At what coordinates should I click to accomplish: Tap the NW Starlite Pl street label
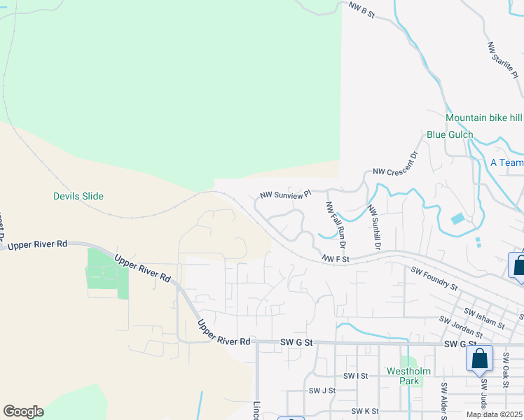pyautogui.click(x=502, y=61)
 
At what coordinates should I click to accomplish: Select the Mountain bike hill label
pyautogui.click(x=483, y=118)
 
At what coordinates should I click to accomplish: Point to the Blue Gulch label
pyautogui.click(x=450, y=134)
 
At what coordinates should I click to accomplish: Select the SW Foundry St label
pyautogui.click(x=434, y=278)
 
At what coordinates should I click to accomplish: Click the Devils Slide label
pyautogui.click(x=78, y=196)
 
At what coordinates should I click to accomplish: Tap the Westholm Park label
pyautogui.click(x=404, y=376)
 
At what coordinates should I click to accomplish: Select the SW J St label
pyautogui.click(x=322, y=391)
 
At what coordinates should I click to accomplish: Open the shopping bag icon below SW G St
pyautogui.click(x=479, y=358)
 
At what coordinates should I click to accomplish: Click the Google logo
pyautogui.click(x=23, y=412)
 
